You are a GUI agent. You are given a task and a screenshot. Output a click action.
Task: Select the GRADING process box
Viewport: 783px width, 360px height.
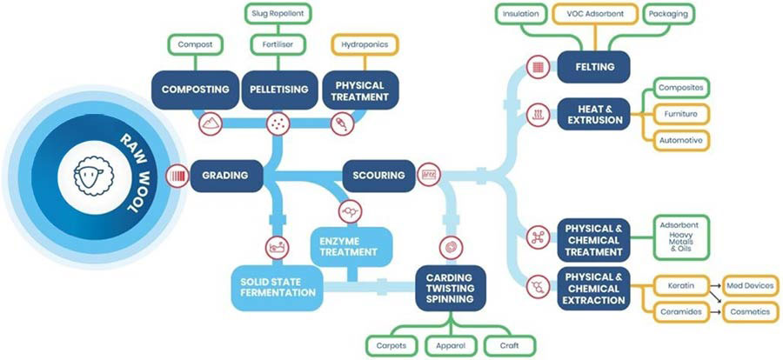coord(225,175)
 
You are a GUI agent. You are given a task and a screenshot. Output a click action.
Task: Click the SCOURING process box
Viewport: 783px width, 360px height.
coord(378,175)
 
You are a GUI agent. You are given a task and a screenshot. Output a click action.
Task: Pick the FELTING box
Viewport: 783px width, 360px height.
coord(595,65)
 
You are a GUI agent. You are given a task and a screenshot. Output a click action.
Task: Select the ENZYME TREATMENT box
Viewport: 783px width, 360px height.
coord(348,244)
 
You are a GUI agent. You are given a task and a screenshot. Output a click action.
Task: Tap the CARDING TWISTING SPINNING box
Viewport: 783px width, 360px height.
coord(450,286)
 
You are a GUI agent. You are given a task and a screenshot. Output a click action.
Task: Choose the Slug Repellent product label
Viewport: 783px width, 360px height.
coord(277,14)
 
